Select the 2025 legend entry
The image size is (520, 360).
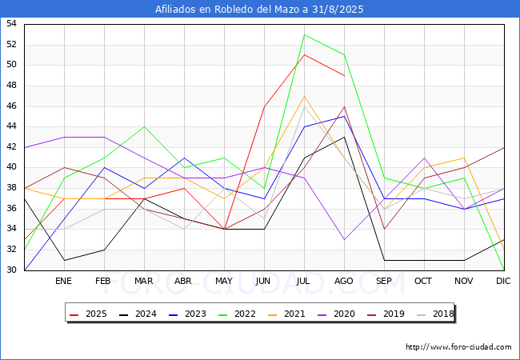pyautogui.click(x=89, y=314)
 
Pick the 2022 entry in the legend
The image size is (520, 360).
pyautogui.click(x=238, y=314)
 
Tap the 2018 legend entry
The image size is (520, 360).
pyautogui.click(x=436, y=314)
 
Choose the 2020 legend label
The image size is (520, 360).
pyautogui.click(x=337, y=314)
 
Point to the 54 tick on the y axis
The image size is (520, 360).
pyautogui.click(x=11, y=23)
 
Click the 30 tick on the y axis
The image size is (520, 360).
pyautogui.click(x=11, y=270)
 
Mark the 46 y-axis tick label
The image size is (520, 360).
pyautogui.click(x=11, y=106)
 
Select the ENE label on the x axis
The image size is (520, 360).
pyautogui.click(x=63, y=281)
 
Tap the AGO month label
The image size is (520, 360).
pyautogui.click(x=343, y=281)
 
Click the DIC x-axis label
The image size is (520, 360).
pyautogui.click(x=503, y=281)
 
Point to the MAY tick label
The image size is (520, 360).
pyautogui.click(x=224, y=281)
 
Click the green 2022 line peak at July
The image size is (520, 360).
pyautogui.click(x=305, y=34)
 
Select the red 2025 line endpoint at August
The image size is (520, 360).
pyautogui.click(x=345, y=75)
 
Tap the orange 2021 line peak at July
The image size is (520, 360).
pyautogui.click(x=305, y=96)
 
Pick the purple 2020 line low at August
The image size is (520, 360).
pyautogui.click(x=345, y=239)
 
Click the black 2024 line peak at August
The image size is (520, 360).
pyautogui.click(x=345, y=137)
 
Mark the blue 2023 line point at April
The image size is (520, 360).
pyautogui.click(x=184, y=158)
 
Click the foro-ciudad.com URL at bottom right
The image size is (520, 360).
pyautogui.click(x=458, y=347)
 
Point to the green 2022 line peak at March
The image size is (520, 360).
pyautogui.click(x=144, y=126)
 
